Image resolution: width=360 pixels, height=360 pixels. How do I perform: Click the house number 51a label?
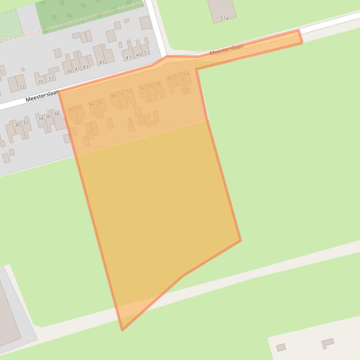pyautogui.click(x=224, y=18)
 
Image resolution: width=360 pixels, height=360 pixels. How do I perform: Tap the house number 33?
pyautogui.click(x=22, y=87)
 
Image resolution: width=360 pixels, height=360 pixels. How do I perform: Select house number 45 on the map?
pyautogui.click(x=102, y=62)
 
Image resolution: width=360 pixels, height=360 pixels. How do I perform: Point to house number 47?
pyautogui.click(x=128, y=58)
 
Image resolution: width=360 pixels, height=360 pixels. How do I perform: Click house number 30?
pyautogui.click(x=17, y=125)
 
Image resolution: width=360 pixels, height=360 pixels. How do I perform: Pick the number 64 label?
pyautogui.click(x=186, y=74)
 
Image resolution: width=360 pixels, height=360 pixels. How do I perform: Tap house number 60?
pyautogui.click(x=170, y=77)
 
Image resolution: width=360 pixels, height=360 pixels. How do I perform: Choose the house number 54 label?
pyautogui.click(x=142, y=88)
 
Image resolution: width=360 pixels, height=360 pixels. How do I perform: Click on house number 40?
pyautogui.click(x=71, y=110)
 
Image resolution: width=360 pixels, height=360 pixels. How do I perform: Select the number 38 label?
pyautogui.click(x=56, y=114)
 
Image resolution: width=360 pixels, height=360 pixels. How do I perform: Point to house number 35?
pyautogui.click(x=40, y=82)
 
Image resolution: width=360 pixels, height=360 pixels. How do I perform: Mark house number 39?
pyautogui.click(x=69, y=71)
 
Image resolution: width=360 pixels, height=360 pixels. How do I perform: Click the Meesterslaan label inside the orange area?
pyautogui.click(x=227, y=50)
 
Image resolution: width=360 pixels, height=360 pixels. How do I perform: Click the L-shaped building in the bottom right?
pyautogui.click(x=328, y=344)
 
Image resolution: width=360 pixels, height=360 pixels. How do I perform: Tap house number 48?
pyautogui.click(x=113, y=95)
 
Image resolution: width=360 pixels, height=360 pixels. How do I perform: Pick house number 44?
pyautogui.click(x=92, y=104)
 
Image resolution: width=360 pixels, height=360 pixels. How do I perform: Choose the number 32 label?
pyautogui.click(x=25, y=123)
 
